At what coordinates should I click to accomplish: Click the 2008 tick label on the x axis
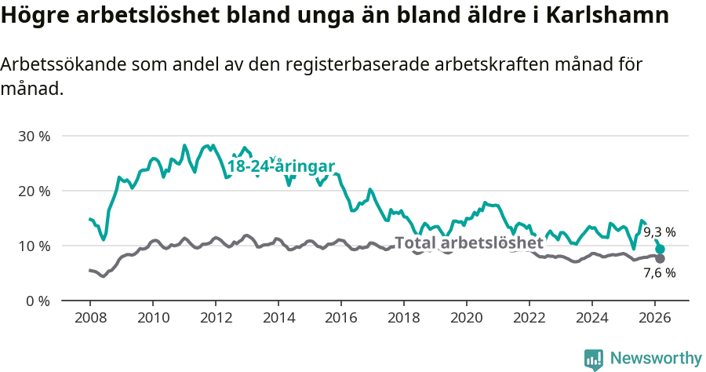[x=89, y=318]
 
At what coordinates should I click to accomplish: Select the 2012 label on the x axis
[x=215, y=318]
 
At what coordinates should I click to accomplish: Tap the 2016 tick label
[x=341, y=318]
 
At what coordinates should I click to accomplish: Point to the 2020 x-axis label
[x=467, y=318]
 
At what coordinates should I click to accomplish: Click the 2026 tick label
[x=655, y=318]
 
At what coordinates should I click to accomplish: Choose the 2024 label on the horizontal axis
[x=592, y=318]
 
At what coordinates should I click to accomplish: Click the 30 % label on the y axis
[x=34, y=136]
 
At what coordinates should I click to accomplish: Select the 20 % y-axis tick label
[x=34, y=191]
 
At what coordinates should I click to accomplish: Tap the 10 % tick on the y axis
[x=34, y=246]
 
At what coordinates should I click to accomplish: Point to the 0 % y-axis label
[x=37, y=301]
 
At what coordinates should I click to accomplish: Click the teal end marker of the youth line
[x=661, y=250]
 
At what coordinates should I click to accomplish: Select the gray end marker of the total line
[x=661, y=259]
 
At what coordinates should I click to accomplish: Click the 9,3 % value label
[x=659, y=232]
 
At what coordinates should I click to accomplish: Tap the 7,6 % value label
[x=659, y=274]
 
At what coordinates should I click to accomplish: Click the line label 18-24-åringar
[x=281, y=166]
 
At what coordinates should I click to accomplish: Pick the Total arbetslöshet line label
[x=468, y=243]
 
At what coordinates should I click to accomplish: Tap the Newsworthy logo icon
[x=594, y=359]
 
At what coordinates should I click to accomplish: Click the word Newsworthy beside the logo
[x=655, y=359]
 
